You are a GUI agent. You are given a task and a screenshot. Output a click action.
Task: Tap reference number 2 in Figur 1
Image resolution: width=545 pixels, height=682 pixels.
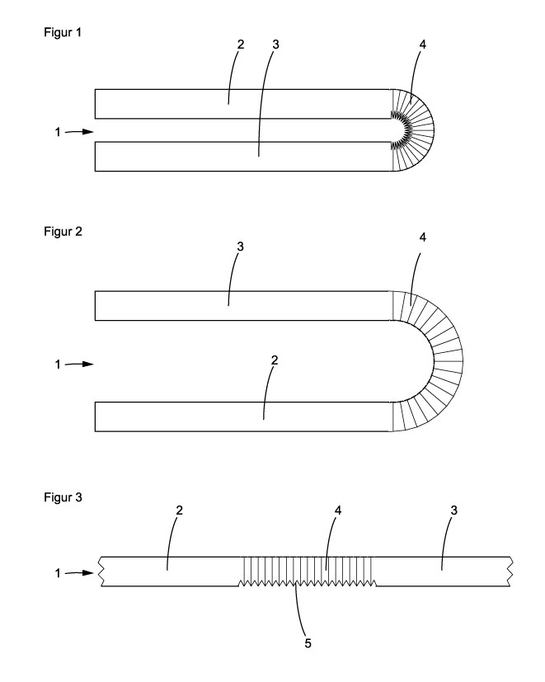point(240,45)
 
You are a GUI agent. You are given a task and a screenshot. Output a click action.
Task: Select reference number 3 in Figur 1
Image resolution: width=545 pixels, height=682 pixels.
point(275,45)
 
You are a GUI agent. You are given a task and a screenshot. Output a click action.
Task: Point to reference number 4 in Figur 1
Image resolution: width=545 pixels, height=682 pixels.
point(423,45)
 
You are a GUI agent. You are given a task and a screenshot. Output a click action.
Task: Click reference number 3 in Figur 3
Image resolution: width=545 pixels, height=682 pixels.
point(454,510)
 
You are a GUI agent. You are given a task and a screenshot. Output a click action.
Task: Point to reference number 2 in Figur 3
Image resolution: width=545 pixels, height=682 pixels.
point(180,510)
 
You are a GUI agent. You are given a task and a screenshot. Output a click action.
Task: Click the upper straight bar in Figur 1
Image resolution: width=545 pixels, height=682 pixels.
point(242,103)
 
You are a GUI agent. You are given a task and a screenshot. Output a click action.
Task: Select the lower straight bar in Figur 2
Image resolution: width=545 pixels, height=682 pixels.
point(242,416)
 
